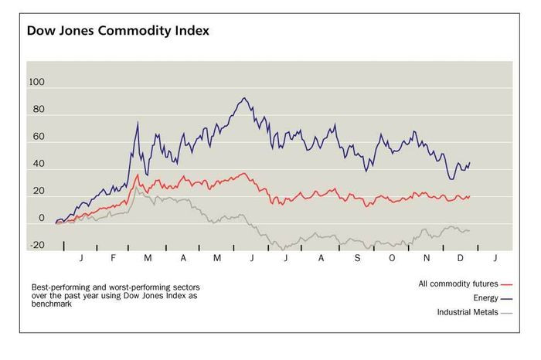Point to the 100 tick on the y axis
coord(36,83)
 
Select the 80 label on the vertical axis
coord(38,110)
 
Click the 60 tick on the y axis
coord(38,138)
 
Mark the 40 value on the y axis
coord(38,165)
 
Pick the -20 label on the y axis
coord(36,246)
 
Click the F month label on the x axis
coord(114,256)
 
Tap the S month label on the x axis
coord(357,256)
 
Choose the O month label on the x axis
coord(392,256)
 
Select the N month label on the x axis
coord(427,256)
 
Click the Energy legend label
coord(484,297)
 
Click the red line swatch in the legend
coord(508,284)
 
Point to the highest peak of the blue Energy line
coord(244,98)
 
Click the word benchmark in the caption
coord(48,305)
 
